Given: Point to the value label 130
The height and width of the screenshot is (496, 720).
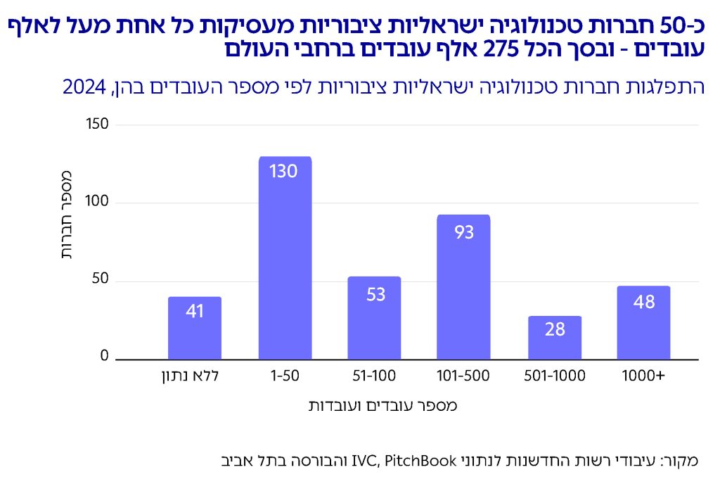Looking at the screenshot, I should click(x=285, y=171).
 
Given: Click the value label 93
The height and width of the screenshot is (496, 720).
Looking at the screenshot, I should click(x=464, y=231).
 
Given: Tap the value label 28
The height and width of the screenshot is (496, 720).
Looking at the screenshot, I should click(x=555, y=329).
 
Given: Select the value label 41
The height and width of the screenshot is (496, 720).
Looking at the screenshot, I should click(x=195, y=310).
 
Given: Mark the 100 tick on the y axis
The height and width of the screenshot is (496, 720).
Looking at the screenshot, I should click(x=98, y=203).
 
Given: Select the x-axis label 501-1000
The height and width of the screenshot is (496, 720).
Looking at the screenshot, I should click(x=555, y=376).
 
